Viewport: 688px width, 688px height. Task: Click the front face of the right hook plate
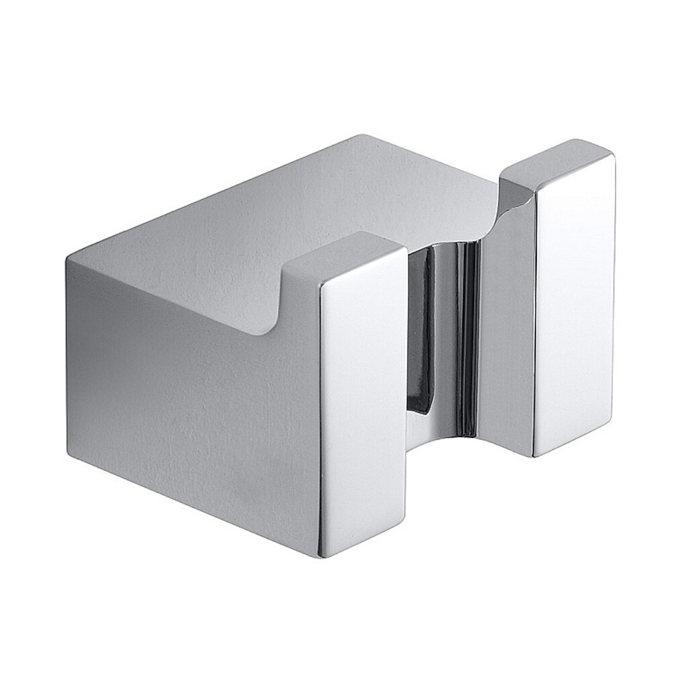(575, 302)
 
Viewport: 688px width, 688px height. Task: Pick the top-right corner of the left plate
(406, 249)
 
